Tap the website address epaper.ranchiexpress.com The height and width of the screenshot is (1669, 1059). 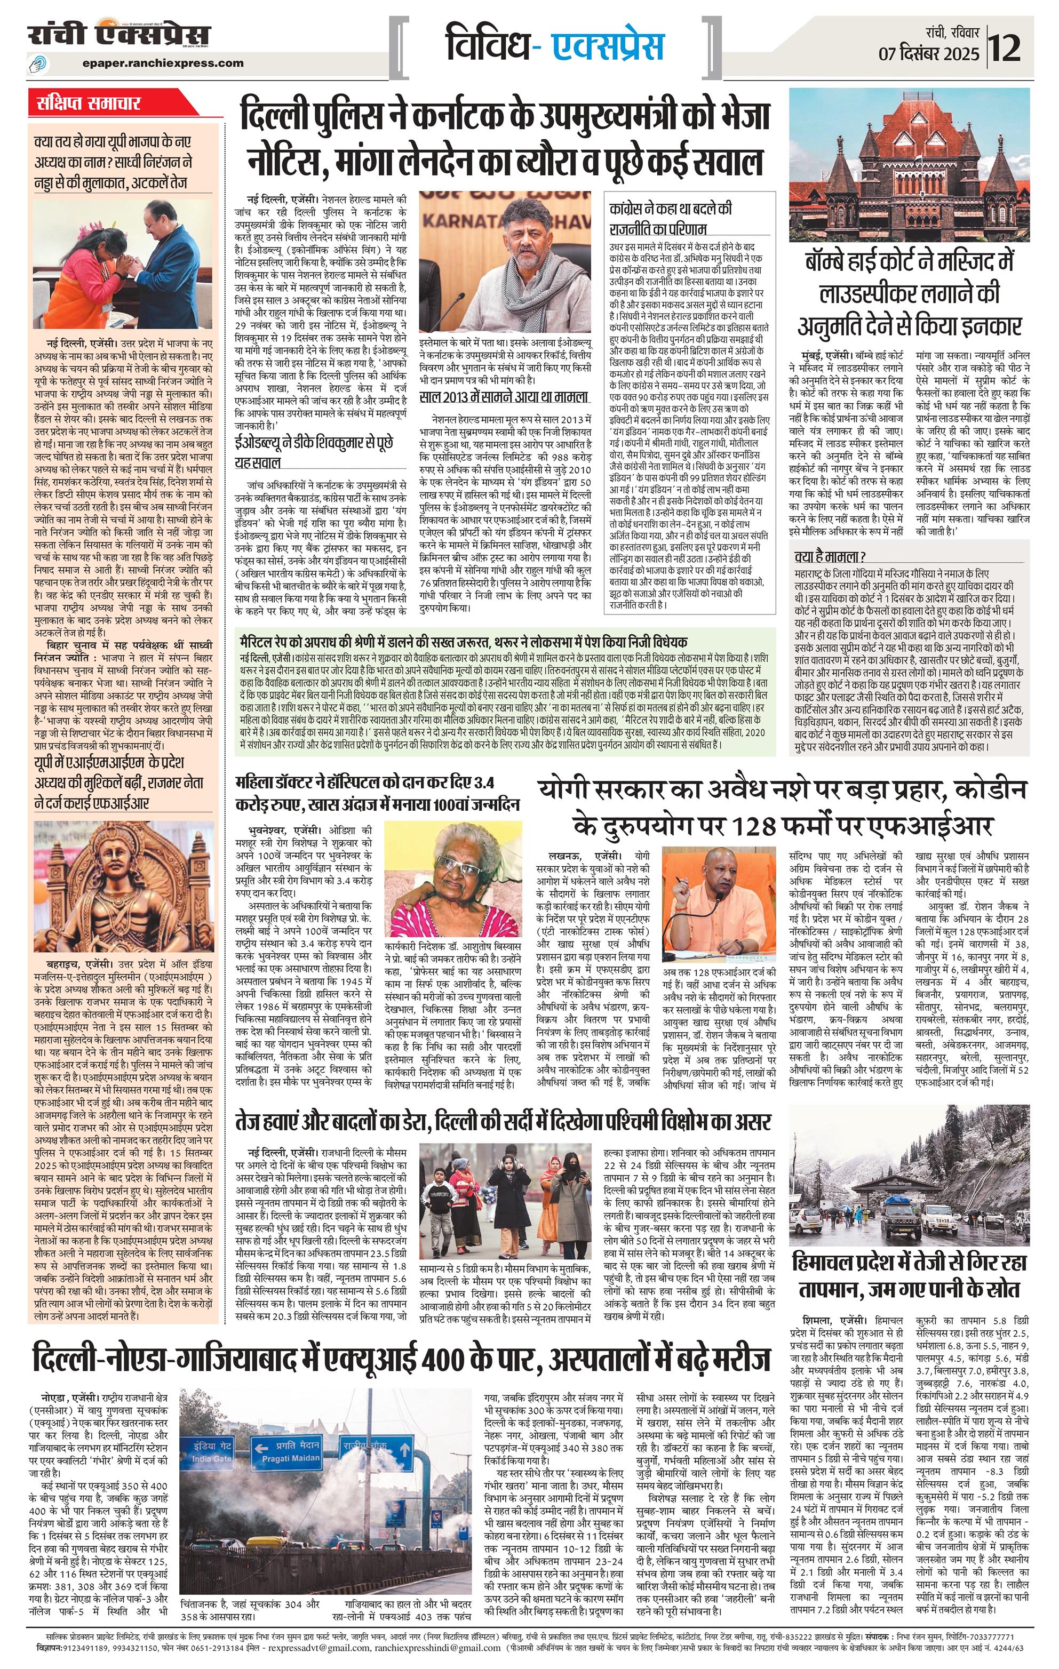pyautogui.click(x=162, y=63)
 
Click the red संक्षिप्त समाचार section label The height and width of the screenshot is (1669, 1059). pyautogui.click(x=90, y=105)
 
